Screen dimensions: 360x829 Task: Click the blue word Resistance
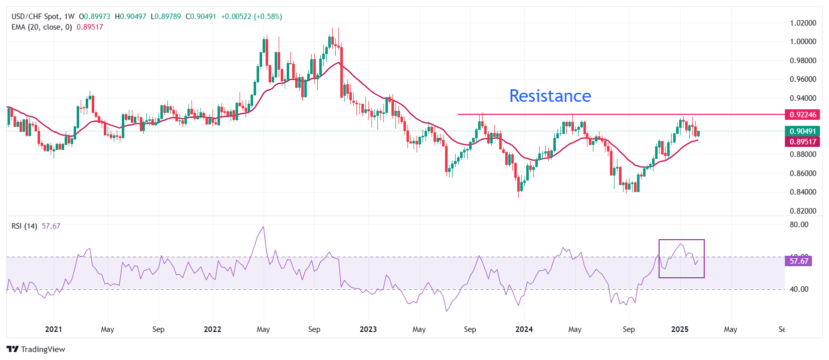tap(550, 96)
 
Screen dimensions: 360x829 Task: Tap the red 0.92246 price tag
tap(802, 115)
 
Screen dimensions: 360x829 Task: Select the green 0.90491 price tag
tap(802, 131)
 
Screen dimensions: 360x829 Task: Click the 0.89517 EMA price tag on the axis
tap(802, 142)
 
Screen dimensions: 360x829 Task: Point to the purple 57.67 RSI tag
tap(799, 261)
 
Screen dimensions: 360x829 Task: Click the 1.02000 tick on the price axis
tap(803, 23)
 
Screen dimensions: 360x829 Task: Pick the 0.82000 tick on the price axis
tap(803, 211)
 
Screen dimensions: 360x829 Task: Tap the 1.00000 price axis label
tap(803, 42)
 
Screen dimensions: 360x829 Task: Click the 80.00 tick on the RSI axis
tap(799, 225)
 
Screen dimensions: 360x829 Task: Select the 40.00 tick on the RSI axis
tap(799, 289)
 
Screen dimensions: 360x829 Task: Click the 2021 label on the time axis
tap(54, 329)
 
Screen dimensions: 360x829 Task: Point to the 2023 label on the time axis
tap(368, 329)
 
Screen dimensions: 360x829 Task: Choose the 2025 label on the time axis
tap(680, 329)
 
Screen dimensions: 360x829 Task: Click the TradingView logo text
tap(43, 349)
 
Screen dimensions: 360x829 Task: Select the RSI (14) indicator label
tap(24, 226)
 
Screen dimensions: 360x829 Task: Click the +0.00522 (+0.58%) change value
tap(251, 17)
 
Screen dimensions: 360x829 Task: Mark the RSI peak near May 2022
tap(264, 227)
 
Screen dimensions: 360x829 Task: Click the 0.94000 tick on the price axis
tap(803, 98)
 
